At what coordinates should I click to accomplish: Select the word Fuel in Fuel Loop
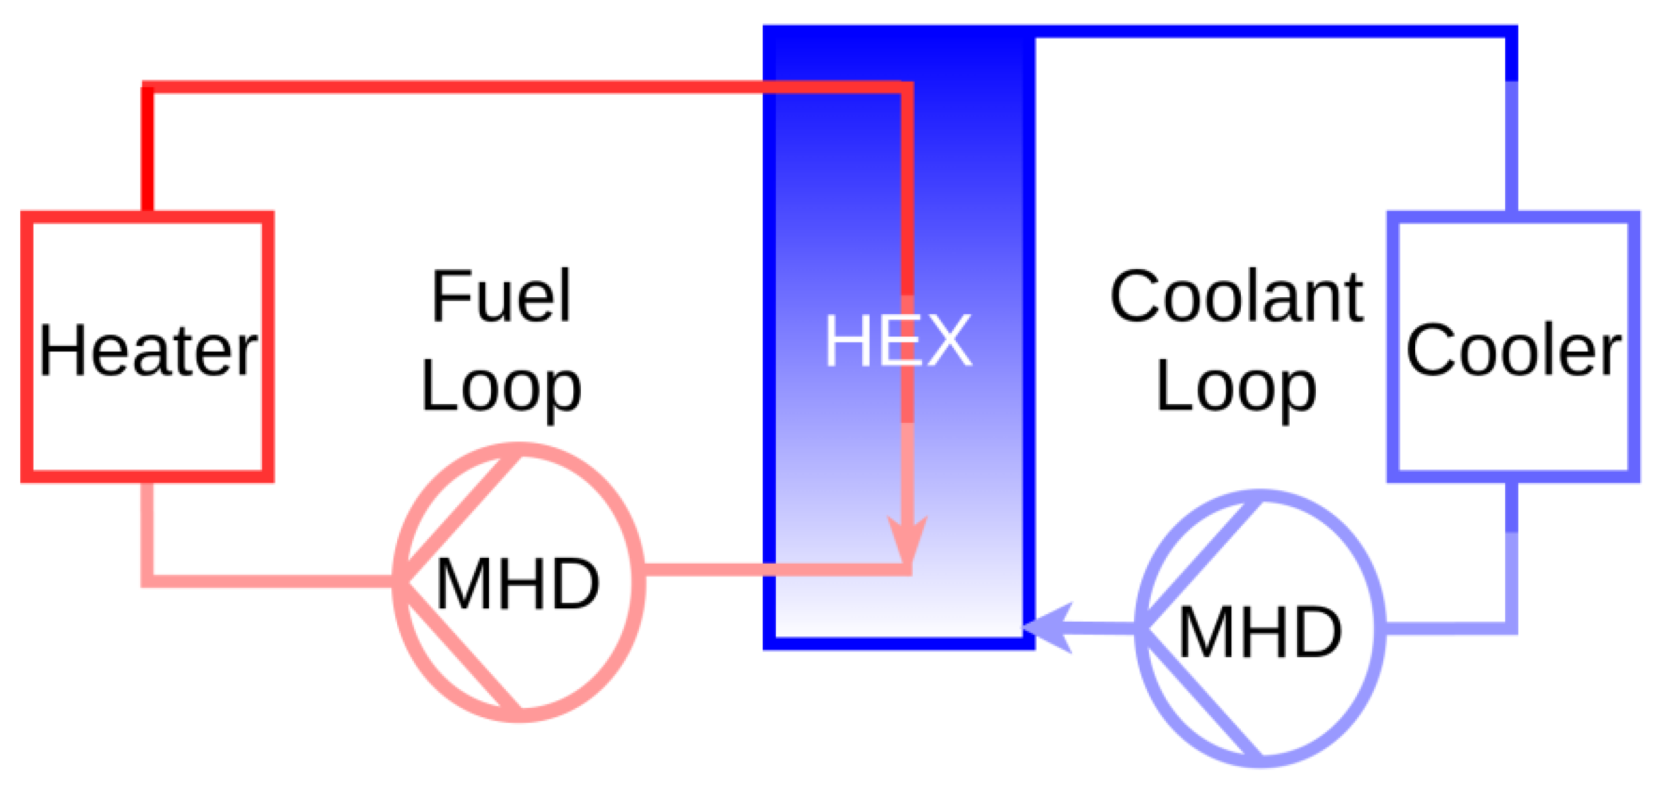coord(501,297)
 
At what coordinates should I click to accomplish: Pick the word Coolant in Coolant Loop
coord(1236,297)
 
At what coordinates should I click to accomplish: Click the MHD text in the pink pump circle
coord(517,584)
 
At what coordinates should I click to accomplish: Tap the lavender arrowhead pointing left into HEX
coord(1051,628)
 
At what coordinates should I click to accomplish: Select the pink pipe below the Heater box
coord(148,529)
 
